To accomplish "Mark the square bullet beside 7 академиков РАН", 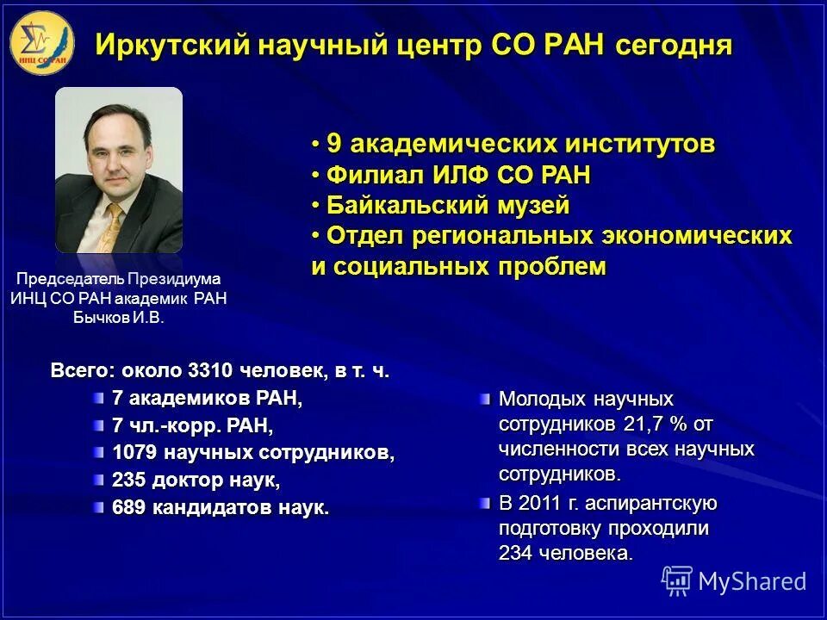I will (x=99, y=398).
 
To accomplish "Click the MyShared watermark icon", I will (x=677, y=580).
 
